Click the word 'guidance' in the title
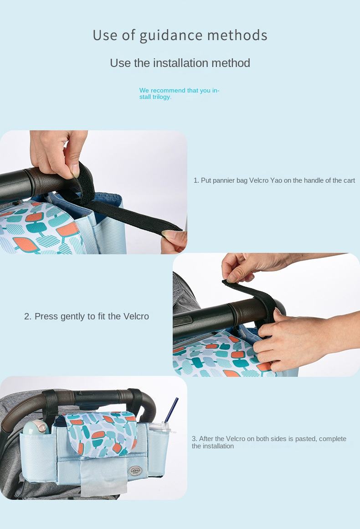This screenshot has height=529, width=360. pyautogui.click(x=171, y=36)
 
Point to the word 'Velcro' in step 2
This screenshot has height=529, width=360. pyautogui.click(x=136, y=316)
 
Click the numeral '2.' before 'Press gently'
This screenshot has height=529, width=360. pyautogui.click(x=28, y=317)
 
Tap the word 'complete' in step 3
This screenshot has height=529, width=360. pyautogui.click(x=333, y=439)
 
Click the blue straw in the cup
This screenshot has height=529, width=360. pyautogui.click(x=171, y=410)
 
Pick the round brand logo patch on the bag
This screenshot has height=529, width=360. pyautogui.click(x=135, y=471)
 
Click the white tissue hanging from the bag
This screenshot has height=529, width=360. pyautogui.click(x=103, y=476)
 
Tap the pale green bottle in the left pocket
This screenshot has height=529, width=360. pyautogui.click(x=36, y=427)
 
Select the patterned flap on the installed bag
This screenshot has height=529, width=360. pyautogui.click(x=101, y=434)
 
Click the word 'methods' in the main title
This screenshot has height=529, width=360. pyautogui.click(x=237, y=36)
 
